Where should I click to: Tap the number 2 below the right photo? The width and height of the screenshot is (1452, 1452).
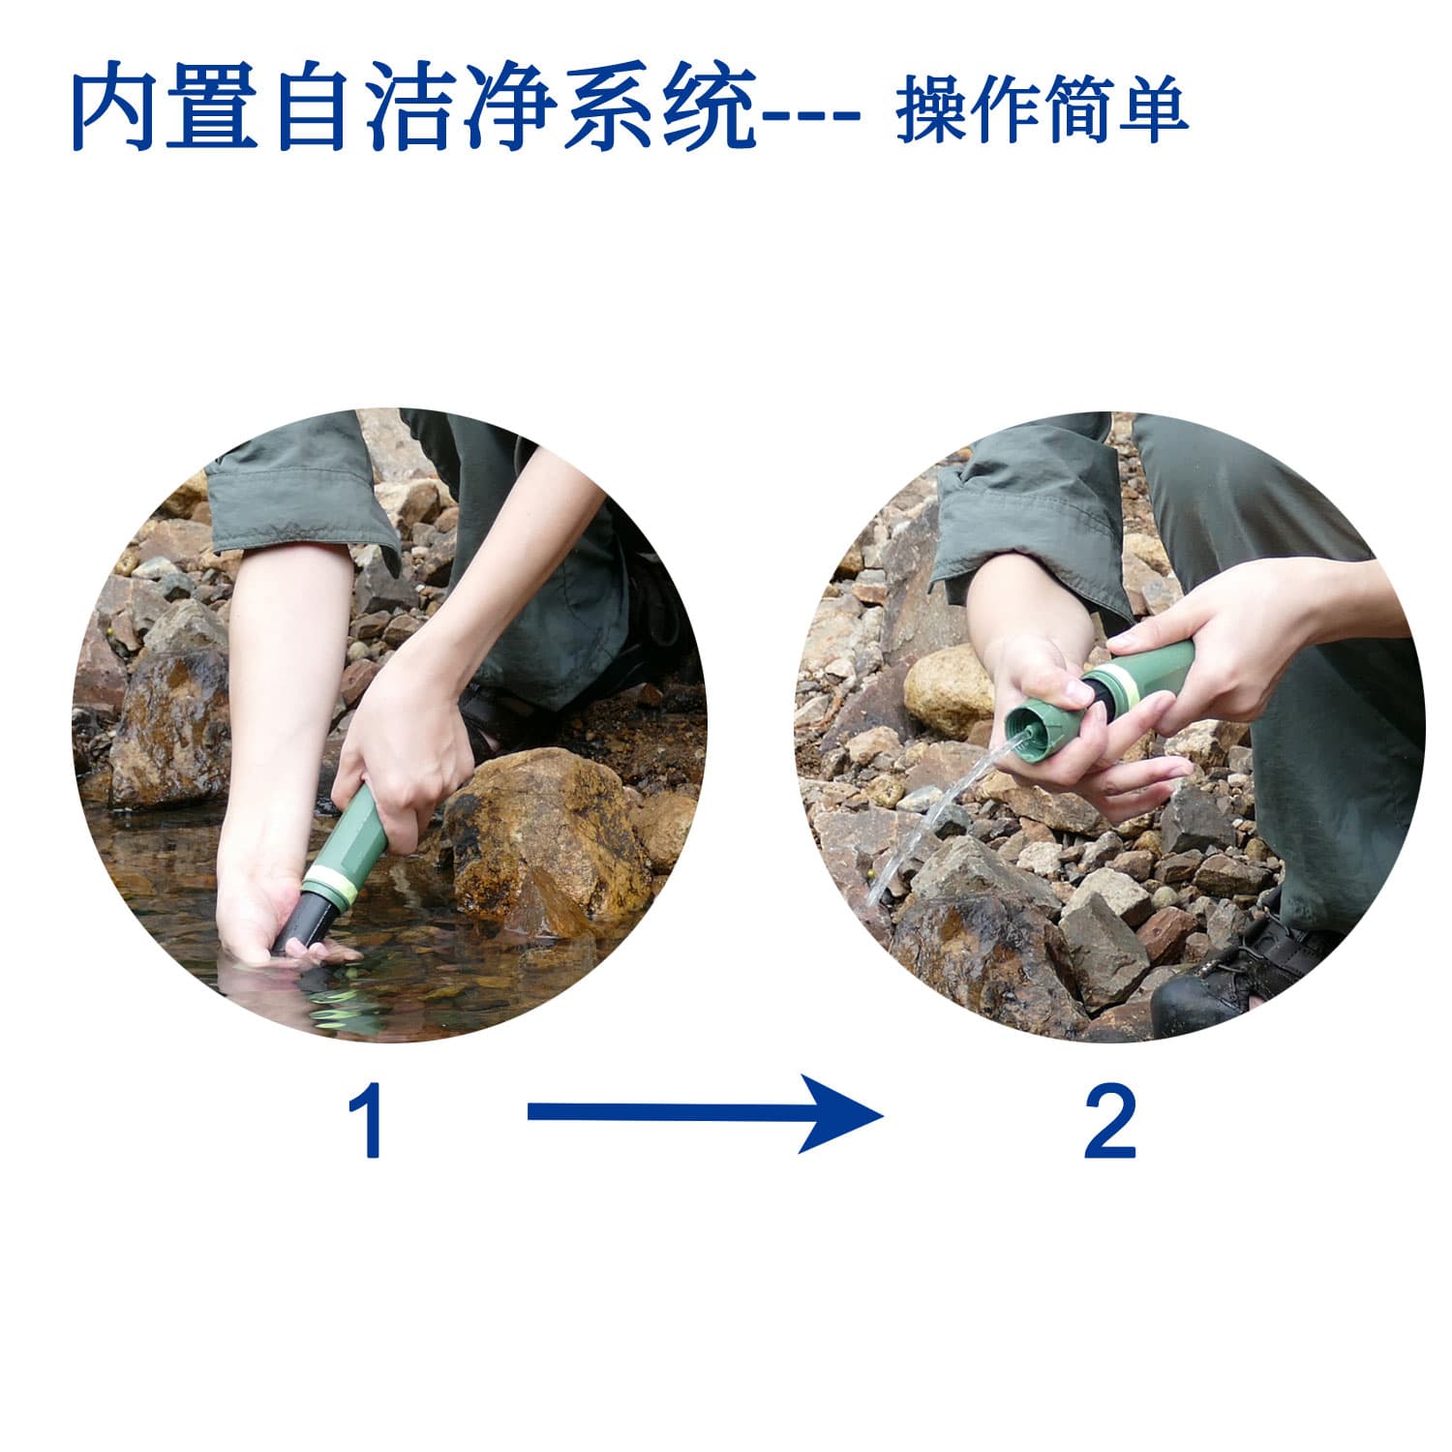(1109, 1123)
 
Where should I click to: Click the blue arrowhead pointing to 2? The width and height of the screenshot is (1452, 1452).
(842, 1113)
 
